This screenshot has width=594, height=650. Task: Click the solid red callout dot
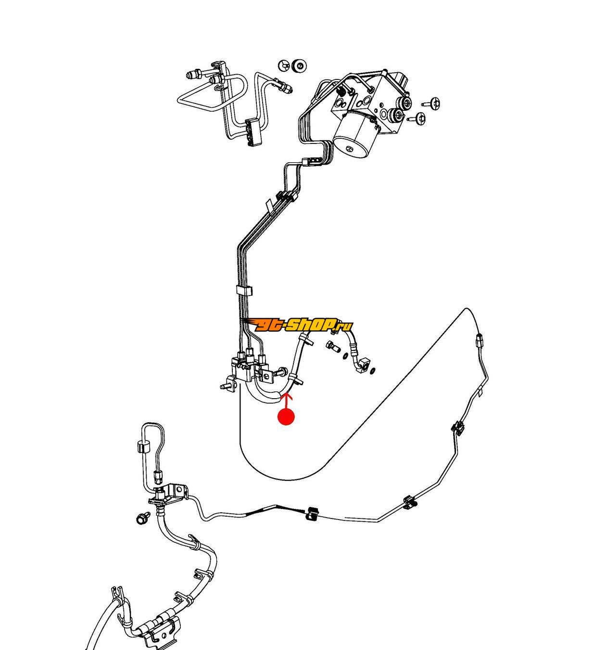click(286, 417)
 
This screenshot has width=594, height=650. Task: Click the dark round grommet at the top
click(299, 65)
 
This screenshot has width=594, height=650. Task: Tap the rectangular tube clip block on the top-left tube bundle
click(253, 130)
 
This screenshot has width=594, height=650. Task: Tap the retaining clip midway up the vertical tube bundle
click(244, 291)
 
